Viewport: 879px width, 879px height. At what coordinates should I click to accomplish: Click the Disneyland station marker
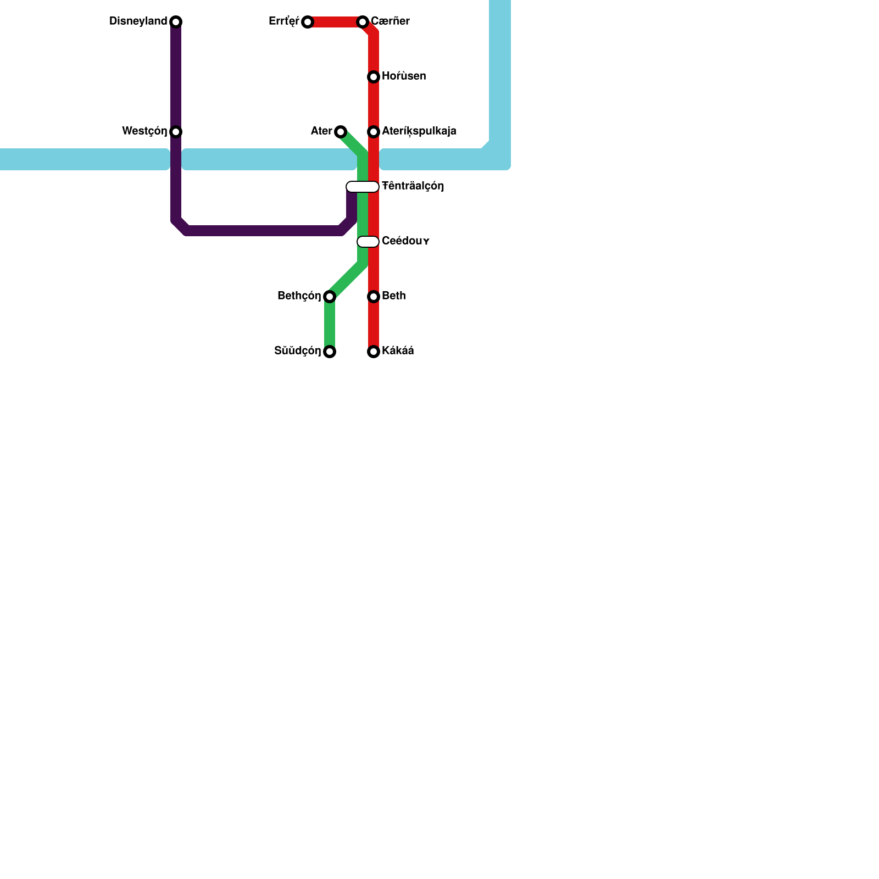point(176,22)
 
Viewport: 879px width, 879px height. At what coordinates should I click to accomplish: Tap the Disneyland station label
point(138,21)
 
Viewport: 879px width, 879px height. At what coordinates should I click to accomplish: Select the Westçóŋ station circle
point(176,132)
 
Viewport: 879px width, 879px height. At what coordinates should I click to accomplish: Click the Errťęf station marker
point(308,22)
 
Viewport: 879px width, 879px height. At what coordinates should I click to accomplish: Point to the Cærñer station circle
point(363,22)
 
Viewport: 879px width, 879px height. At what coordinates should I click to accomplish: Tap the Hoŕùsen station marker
point(374,77)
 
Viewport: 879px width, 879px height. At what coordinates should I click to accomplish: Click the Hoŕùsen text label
point(404,76)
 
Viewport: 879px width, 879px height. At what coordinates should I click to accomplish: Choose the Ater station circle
point(341,132)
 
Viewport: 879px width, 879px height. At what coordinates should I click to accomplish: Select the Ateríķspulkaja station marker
point(374,132)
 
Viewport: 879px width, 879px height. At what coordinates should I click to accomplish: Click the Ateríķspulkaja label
point(419,131)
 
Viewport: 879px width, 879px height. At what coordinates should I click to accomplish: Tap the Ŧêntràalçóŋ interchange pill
point(363,187)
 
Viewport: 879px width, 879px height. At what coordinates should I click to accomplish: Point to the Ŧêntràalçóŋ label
point(413,186)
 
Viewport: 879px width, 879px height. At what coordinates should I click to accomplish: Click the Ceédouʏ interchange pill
point(368,242)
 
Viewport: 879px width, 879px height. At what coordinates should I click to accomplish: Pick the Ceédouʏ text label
point(405,241)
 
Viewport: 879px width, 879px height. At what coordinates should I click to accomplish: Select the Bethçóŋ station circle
point(330,297)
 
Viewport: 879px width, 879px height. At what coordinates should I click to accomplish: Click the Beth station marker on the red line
point(374,297)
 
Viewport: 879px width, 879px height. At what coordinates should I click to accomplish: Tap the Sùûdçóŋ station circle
point(330,352)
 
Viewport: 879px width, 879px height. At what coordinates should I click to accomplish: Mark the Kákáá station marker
point(374,352)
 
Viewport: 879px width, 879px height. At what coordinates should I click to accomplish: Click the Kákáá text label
point(398,351)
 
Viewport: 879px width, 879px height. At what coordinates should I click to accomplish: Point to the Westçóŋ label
point(144,131)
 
